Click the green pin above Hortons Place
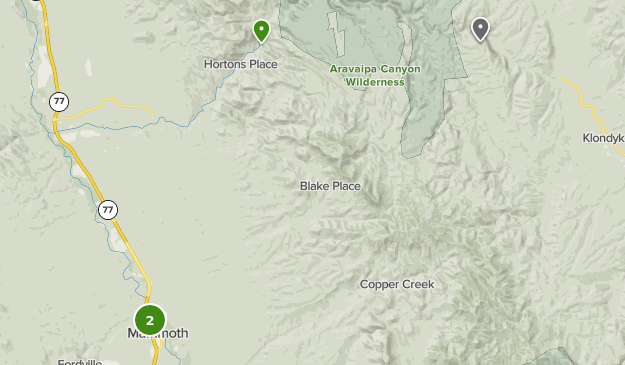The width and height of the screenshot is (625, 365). [x=261, y=30]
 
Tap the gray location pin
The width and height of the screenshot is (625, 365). [x=480, y=28]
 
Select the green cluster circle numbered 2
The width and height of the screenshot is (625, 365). [x=150, y=320]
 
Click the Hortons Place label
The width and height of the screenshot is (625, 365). [x=240, y=64]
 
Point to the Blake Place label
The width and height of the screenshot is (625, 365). [x=330, y=186]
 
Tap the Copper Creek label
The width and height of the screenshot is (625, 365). [x=397, y=284]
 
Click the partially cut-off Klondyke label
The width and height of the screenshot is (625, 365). [x=604, y=139]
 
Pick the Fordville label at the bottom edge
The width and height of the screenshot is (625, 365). [x=81, y=361]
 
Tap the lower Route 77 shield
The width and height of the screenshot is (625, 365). [x=108, y=210]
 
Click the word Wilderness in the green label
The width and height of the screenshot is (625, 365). [x=375, y=82]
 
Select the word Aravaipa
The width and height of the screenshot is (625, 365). [x=352, y=69]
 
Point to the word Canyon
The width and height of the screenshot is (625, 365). [x=399, y=69]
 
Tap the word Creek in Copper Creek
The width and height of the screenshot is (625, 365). [x=418, y=284]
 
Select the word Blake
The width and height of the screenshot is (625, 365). [x=315, y=186]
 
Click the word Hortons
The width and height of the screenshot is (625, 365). [x=225, y=64]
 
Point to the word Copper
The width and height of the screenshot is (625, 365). [x=379, y=284]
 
